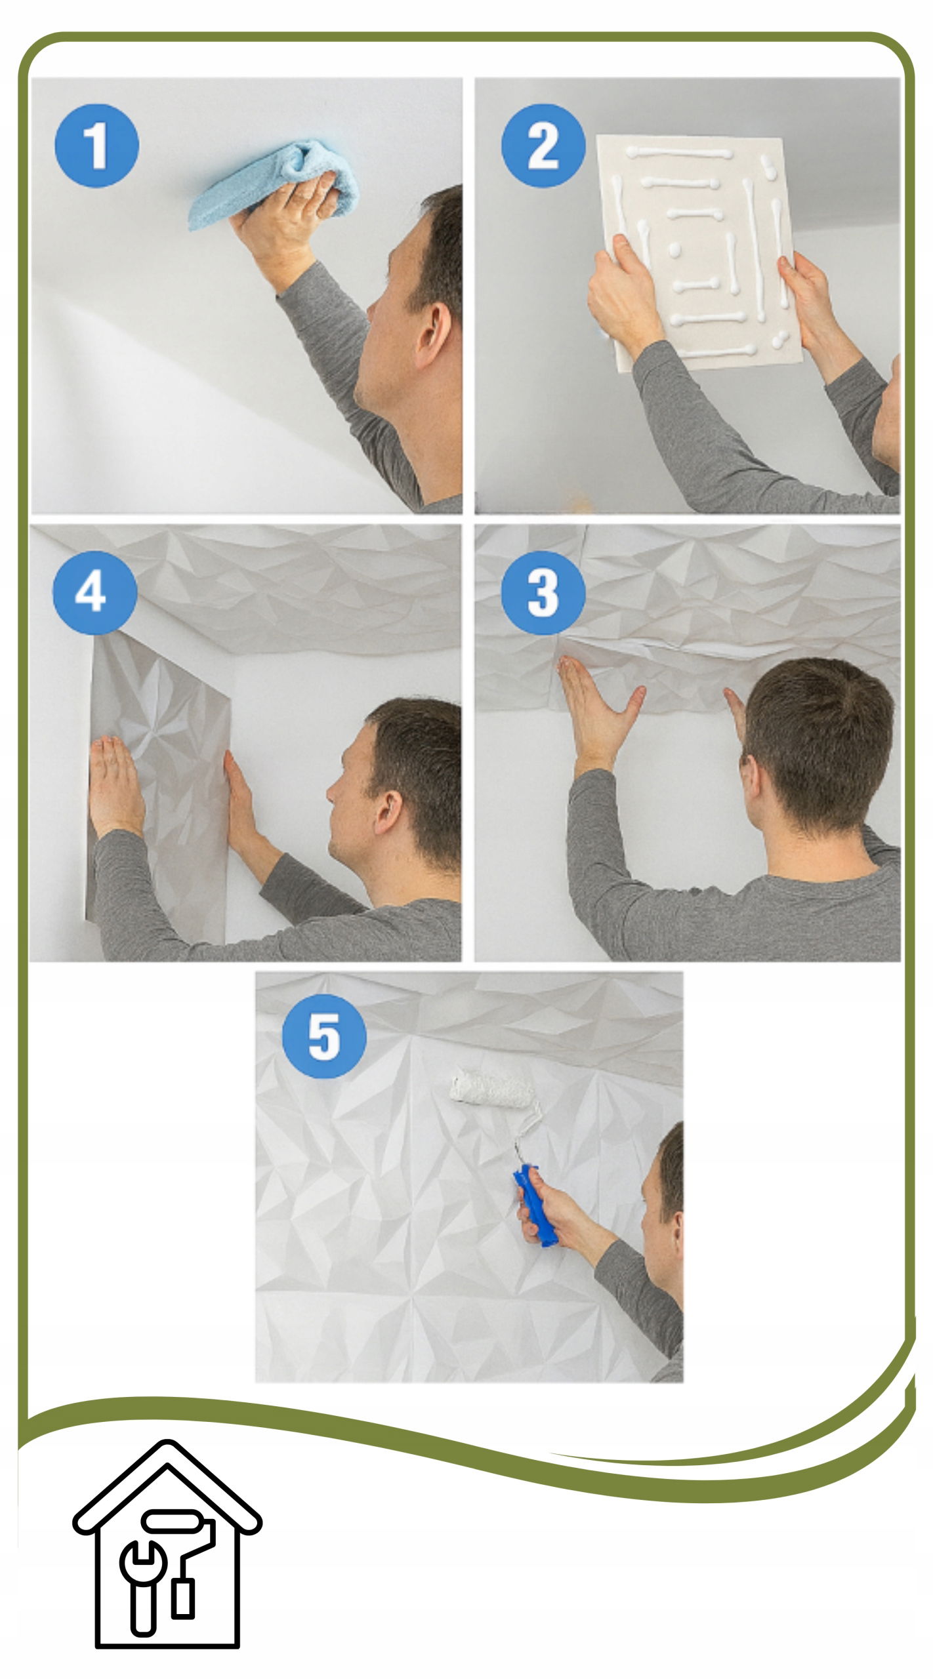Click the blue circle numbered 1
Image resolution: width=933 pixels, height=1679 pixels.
96,145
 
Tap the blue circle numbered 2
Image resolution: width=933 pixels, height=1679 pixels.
543,145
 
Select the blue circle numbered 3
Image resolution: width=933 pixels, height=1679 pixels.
543,591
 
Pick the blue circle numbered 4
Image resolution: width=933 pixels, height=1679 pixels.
95,591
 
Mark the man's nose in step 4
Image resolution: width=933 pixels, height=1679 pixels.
332,793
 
